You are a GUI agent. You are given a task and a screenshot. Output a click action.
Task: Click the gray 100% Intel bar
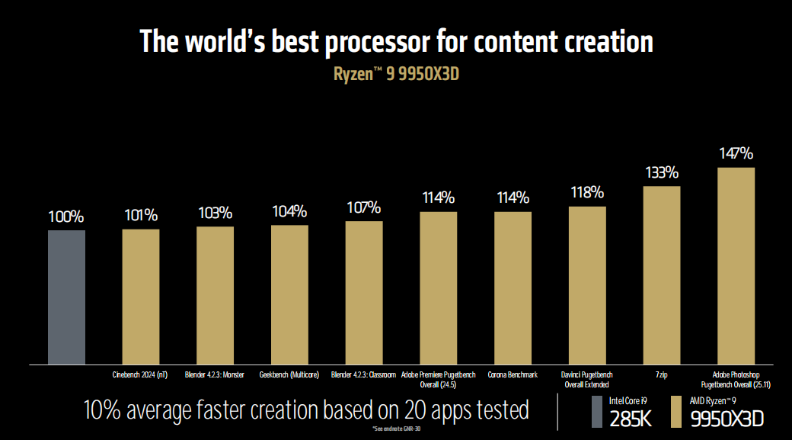(x=66, y=297)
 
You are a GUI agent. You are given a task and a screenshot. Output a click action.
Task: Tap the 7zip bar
(x=662, y=275)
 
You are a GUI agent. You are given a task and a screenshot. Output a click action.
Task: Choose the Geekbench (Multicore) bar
(x=289, y=294)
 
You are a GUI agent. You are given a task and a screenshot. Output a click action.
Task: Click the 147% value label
(x=736, y=154)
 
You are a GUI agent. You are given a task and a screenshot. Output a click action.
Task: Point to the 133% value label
(x=662, y=173)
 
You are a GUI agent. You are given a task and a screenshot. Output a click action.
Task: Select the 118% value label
(x=587, y=193)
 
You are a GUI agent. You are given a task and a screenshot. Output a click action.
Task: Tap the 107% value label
(x=364, y=208)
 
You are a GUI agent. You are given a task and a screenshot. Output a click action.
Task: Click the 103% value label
(x=215, y=213)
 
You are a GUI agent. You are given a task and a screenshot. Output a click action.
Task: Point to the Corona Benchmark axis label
(x=513, y=374)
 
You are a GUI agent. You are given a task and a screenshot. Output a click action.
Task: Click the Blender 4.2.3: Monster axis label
(x=215, y=374)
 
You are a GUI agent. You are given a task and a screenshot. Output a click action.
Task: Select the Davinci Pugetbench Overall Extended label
(x=587, y=379)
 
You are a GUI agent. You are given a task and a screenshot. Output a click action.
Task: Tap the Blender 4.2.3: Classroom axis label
(x=364, y=374)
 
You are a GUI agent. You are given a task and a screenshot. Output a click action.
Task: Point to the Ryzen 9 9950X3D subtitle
(x=395, y=74)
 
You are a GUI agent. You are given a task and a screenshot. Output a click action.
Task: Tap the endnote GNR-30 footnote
(x=395, y=430)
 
